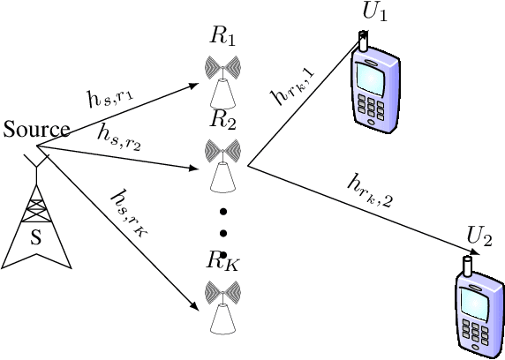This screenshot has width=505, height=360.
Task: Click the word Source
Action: tap(35, 130)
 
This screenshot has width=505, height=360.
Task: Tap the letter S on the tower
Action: tap(35, 236)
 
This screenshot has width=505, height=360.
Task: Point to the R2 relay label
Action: tap(223, 117)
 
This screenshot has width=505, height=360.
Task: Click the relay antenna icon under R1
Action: tap(223, 79)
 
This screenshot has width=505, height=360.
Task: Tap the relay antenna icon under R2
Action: tap(223, 162)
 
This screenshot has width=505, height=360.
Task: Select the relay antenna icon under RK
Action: tap(223, 304)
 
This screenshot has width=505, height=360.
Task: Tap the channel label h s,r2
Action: tap(120, 136)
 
